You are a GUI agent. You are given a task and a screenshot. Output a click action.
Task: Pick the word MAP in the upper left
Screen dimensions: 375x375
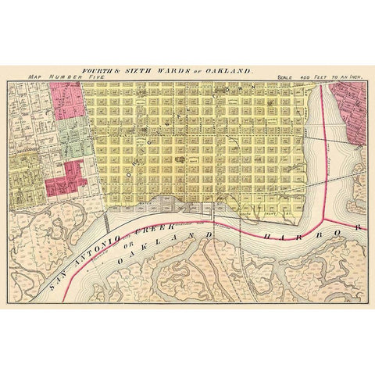click(x=35, y=77)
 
